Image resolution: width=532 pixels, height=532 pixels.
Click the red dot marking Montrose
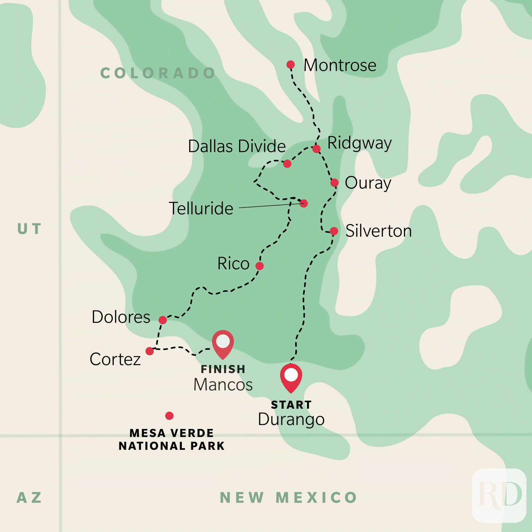tap(291, 64)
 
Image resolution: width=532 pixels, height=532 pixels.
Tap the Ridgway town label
tap(359, 143)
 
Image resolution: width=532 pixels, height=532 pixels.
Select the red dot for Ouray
tap(334, 183)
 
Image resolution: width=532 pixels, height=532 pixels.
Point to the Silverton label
tap(378, 231)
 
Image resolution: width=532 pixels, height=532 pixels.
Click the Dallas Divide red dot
tap(287, 164)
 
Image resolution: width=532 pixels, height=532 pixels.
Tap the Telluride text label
tap(201, 208)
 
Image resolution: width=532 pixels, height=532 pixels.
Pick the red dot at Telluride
tap(304, 203)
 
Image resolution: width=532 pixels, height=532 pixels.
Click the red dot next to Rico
tap(260, 266)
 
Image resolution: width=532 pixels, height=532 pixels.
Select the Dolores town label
tap(121, 317)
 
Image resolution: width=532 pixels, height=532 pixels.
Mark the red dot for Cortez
tap(150, 351)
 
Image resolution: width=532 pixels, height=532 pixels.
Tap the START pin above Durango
tap(291, 377)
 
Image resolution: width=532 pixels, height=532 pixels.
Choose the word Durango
tap(291, 420)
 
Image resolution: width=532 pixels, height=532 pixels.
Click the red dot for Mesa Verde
tap(170, 416)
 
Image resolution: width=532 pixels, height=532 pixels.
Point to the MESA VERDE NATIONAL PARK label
tap(172, 439)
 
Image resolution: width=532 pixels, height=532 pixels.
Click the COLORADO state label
tap(158, 73)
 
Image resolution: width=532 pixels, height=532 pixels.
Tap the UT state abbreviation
tap(30, 229)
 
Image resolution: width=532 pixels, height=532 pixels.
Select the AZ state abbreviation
tap(29, 498)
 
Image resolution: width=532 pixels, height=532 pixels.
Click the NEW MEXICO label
tap(288, 498)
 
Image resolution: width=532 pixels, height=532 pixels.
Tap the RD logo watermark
tap(499, 495)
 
